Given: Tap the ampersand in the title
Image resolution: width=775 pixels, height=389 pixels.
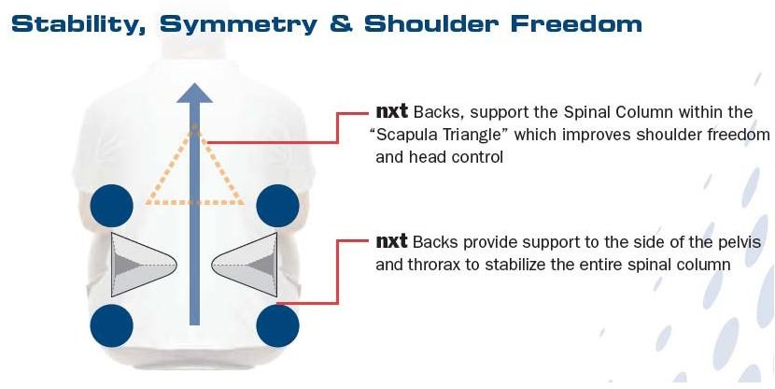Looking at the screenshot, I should click(x=338, y=23).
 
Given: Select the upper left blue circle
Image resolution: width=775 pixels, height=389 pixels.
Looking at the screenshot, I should click(x=111, y=205).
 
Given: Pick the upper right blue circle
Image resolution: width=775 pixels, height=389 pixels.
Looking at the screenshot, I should click(x=277, y=205).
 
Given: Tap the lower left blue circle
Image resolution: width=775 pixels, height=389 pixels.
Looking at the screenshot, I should click(x=111, y=325).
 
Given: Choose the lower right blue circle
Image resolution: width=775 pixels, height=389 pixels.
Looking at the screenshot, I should click(x=277, y=325).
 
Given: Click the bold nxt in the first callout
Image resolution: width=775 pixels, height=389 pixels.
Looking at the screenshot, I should click(x=391, y=112).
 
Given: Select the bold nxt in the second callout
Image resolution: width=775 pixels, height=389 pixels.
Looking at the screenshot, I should click(x=391, y=242).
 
